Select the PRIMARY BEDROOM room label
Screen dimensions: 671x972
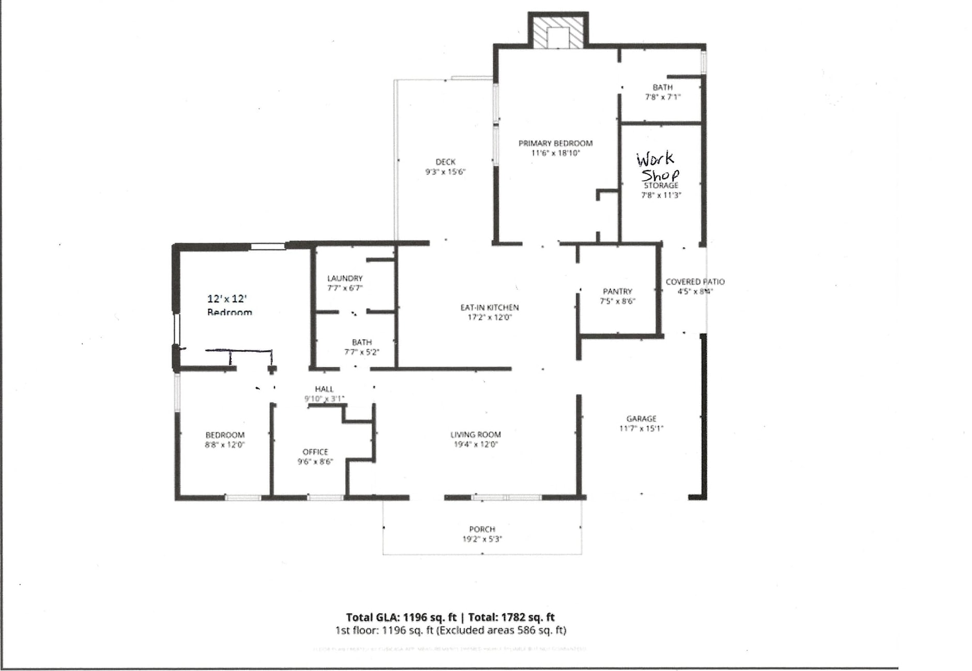coord(555,143)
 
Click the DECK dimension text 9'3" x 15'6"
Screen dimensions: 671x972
coord(445,172)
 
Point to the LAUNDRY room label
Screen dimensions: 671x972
coord(345,278)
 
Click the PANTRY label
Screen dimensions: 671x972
coord(617,291)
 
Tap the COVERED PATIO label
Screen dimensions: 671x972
coord(695,282)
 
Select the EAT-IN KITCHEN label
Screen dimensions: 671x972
coord(489,307)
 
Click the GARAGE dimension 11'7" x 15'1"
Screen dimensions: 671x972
coord(641,428)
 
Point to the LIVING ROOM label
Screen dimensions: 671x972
coord(475,435)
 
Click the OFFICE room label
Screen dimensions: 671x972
coord(315,452)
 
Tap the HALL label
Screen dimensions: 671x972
coord(324,389)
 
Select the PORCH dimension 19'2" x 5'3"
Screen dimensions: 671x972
coord(482,539)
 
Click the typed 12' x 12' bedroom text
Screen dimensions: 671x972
coord(227,299)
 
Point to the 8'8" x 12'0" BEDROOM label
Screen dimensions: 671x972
coord(225,435)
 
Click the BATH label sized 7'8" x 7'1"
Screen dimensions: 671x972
coord(662,87)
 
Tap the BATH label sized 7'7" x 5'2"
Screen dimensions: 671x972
coord(361,342)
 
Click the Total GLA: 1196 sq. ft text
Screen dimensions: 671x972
coord(401,617)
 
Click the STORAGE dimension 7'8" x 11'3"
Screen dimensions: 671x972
coord(661,195)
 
